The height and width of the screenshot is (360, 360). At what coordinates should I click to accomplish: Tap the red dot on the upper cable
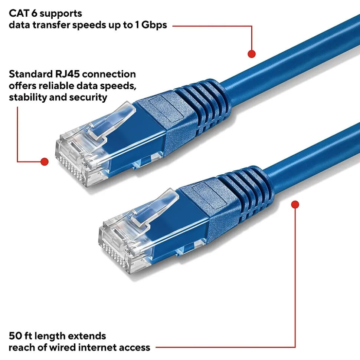252,54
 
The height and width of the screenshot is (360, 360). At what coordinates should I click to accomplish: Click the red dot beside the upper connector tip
45,161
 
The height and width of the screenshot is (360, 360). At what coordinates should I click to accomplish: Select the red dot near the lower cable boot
295,204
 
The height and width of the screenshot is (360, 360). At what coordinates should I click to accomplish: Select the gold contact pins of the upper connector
71,163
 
